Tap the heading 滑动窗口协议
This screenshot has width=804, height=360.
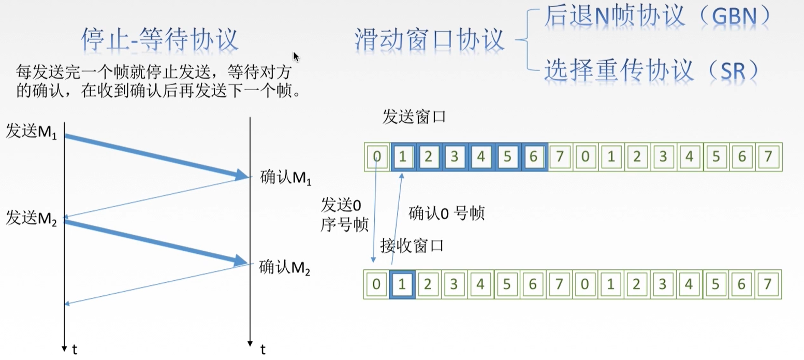[430, 39]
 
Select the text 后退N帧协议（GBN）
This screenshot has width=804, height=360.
[656, 18]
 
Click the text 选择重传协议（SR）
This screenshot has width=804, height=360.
[651, 70]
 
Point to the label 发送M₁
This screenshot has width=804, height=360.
[31, 132]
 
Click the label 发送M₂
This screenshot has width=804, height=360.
[31, 219]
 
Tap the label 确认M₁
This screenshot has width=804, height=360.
[286, 179]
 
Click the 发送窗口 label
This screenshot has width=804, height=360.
[414, 117]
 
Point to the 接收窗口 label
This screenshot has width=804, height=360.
[412, 245]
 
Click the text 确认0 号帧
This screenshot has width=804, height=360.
[446, 213]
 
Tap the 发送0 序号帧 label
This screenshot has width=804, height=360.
[344, 215]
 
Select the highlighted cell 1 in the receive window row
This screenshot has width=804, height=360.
[403, 284]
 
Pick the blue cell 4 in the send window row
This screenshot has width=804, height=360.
[481, 157]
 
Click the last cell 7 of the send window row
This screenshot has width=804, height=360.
[768, 157]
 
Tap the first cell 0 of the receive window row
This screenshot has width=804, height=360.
[376, 284]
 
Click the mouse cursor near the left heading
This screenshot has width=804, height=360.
[296, 56]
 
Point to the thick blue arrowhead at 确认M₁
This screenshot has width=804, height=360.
[243, 175]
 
